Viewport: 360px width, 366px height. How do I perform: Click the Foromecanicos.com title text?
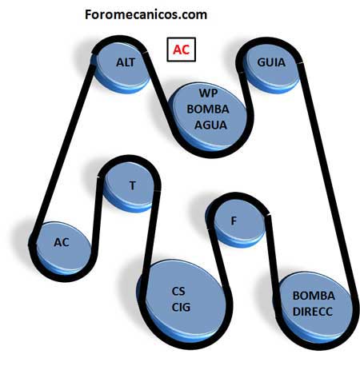(x=146, y=14)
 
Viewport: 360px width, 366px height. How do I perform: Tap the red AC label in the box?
(x=181, y=50)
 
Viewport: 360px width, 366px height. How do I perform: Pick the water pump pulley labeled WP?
(x=208, y=117)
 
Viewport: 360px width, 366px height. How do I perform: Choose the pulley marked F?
(x=235, y=222)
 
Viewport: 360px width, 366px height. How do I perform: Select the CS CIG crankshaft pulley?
(x=182, y=301)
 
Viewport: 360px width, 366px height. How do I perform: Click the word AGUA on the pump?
(x=210, y=125)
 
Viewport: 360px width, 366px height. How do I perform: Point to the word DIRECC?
(x=313, y=312)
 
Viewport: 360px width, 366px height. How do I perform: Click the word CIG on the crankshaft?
(x=181, y=307)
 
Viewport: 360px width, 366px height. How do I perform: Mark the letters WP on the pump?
(x=208, y=93)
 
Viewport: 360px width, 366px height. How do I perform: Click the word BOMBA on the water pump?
(x=208, y=109)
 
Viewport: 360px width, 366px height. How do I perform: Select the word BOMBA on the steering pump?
(x=314, y=296)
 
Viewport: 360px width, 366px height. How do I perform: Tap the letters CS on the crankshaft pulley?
(x=178, y=291)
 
